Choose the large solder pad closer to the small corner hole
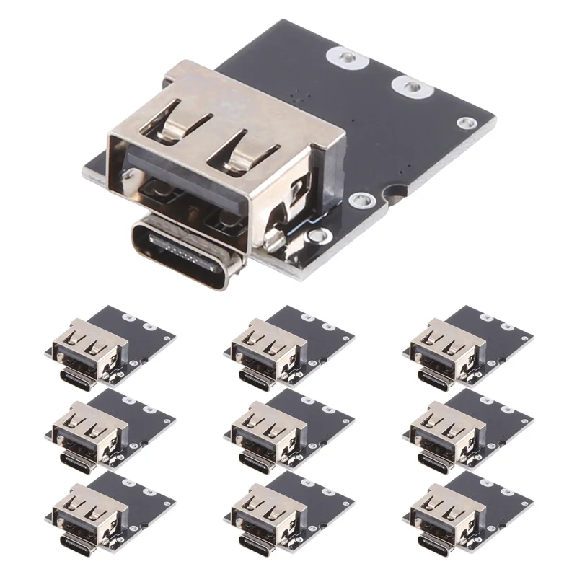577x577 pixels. (x=414, y=87)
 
